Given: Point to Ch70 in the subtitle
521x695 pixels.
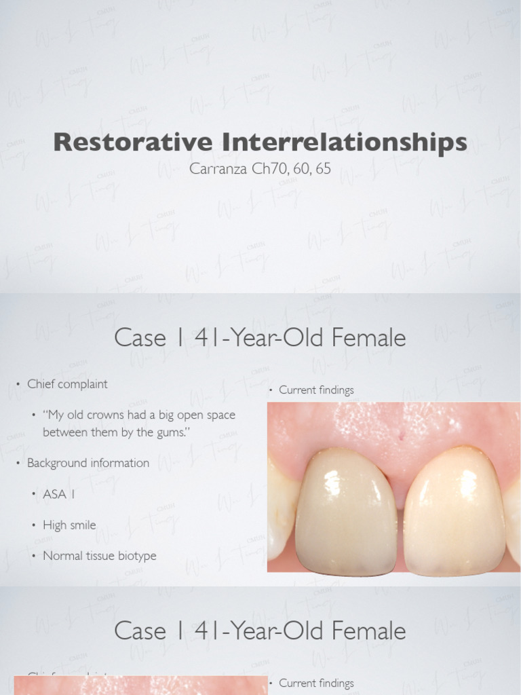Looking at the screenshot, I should point(270,168).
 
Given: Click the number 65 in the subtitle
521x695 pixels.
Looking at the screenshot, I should point(323,168).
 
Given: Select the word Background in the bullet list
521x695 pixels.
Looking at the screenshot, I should point(56,463).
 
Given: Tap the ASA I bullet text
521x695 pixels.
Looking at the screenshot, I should point(59,494).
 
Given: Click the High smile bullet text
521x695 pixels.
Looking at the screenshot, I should point(69,525).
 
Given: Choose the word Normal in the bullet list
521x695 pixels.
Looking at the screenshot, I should point(63,556).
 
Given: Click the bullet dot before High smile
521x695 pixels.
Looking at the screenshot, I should point(33,525).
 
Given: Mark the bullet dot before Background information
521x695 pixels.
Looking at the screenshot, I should point(18,464).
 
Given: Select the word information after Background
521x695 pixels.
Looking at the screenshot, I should point(120,463).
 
